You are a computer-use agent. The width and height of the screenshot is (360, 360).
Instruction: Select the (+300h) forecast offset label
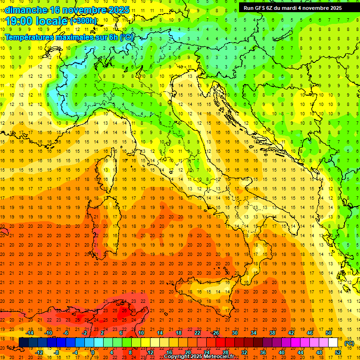[x=83, y=21]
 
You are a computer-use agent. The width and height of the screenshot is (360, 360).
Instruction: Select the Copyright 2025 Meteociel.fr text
[x=199, y=356]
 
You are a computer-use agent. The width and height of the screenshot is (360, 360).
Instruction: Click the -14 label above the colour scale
[x=30, y=333]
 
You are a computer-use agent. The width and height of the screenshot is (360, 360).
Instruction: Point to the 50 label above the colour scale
[x=329, y=333]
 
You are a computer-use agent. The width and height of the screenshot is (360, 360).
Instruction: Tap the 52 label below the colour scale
[x=338, y=352]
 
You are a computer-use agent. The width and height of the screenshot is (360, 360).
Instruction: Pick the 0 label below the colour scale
[x=93, y=352]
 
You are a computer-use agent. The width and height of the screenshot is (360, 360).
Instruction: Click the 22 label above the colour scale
[x=197, y=333]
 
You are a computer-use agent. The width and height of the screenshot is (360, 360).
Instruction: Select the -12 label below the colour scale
[x=39, y=352]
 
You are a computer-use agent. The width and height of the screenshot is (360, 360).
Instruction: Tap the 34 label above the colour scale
[x=254, y=333]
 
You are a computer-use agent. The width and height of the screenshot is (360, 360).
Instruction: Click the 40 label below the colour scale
[x=282, y=352]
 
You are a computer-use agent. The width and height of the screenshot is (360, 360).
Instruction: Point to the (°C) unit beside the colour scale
[x=349, y=343]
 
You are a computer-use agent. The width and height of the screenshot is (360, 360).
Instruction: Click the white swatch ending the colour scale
[x=333, y=342]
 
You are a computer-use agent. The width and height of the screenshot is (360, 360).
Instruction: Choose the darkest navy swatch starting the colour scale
[x=23, y=342]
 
